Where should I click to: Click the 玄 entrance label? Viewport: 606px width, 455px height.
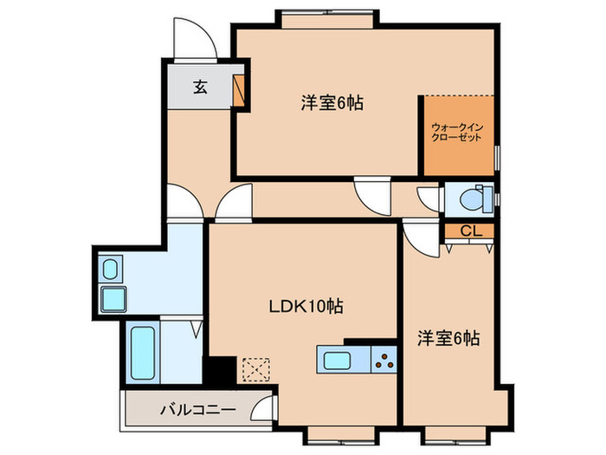(200, 87)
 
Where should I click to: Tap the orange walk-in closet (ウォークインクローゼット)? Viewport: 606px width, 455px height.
(458, 133)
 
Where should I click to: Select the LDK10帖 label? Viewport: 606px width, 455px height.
(306, 306)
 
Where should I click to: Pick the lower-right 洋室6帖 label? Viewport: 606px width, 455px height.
(449, 338)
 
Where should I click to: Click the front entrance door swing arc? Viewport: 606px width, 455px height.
(192, 39)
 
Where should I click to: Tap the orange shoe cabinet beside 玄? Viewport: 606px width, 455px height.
(240, 91)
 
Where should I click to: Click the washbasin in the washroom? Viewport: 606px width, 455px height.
(112, 270)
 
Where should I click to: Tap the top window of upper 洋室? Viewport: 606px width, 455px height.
(327, 15)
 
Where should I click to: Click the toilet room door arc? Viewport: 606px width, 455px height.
(429, 197)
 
